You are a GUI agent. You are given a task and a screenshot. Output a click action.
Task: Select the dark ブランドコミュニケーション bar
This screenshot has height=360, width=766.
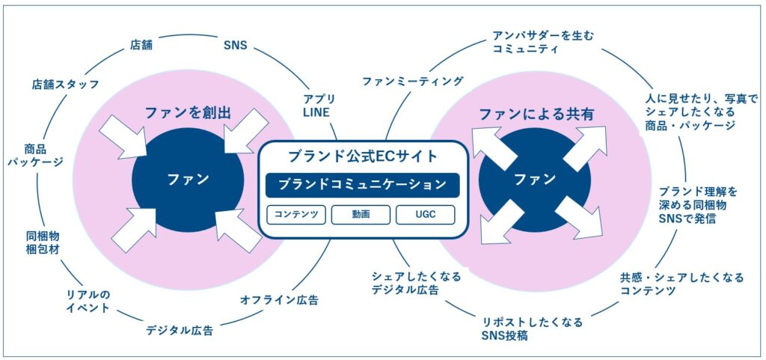click(362, 184)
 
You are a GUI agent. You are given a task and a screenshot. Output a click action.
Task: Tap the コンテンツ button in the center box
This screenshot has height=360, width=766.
click(296, 215)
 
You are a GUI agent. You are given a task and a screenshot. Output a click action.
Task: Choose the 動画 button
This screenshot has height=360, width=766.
click(361, 215)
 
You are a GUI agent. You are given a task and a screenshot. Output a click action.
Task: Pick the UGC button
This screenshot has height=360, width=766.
click(426, 215)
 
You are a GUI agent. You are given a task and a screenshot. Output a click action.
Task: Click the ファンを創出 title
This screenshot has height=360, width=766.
click(188, 113)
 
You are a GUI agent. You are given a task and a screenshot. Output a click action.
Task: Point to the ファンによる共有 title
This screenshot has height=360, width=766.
click(536, 115)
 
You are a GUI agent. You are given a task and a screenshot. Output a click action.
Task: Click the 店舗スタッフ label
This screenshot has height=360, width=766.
click(66, 83)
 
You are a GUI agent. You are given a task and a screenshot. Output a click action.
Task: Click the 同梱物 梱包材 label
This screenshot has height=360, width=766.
click(43, 242)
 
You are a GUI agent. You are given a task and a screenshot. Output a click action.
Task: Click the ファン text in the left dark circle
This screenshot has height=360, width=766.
click(188, 179)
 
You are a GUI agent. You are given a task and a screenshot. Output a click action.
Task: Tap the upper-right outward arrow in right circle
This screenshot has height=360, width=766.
click(586, 147)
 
